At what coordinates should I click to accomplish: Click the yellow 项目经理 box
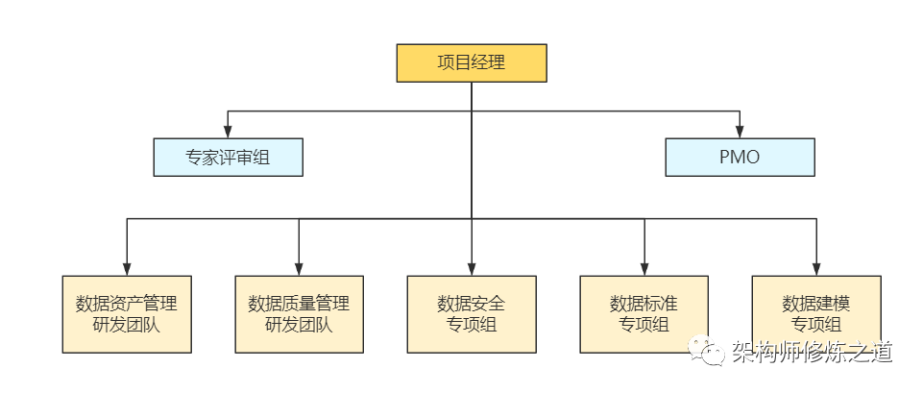(472, 63)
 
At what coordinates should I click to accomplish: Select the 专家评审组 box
(228, 158)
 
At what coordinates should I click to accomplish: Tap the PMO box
(740, 158)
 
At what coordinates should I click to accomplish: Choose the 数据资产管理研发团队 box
(126, 314)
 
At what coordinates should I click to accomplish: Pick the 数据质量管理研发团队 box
(299, 314)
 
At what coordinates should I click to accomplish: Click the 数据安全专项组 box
(472, 314)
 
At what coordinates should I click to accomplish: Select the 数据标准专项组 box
(644, 314)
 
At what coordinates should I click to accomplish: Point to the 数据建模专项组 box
(815, 314)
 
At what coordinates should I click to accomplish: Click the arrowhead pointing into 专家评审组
(228, 132)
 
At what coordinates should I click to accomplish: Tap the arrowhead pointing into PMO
(740, 132)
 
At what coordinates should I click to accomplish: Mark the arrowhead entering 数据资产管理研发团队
(126, 269)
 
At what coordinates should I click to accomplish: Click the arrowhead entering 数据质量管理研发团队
(299, 269)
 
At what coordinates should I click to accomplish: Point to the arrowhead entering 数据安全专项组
(472, 269)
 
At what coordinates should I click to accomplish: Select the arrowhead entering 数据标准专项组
(644, 269)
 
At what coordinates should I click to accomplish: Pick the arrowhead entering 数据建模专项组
(815, 269)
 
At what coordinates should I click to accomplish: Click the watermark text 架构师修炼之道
(812, 353)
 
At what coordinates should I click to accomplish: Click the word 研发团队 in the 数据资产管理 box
(126, 325)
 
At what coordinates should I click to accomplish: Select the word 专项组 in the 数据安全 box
(472, 325)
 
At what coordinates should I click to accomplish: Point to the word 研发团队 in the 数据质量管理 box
(299, 325)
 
